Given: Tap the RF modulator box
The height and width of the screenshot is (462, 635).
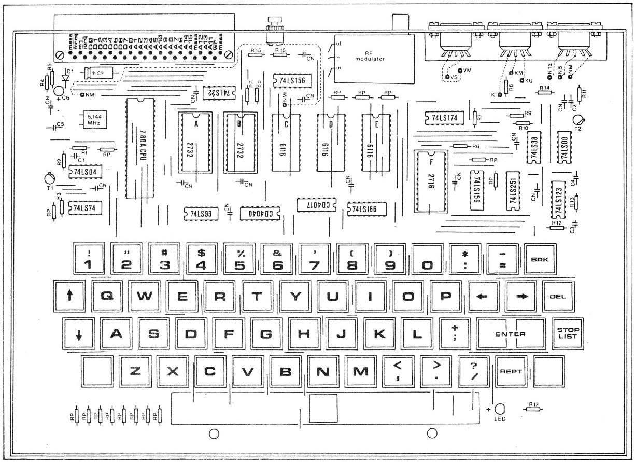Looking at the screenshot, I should coord(375,59).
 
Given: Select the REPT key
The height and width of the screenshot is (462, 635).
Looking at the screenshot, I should coord(510,372).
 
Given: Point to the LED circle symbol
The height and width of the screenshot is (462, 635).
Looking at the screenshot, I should coord(500,408).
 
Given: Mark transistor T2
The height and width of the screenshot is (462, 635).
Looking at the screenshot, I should coord(578,120).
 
